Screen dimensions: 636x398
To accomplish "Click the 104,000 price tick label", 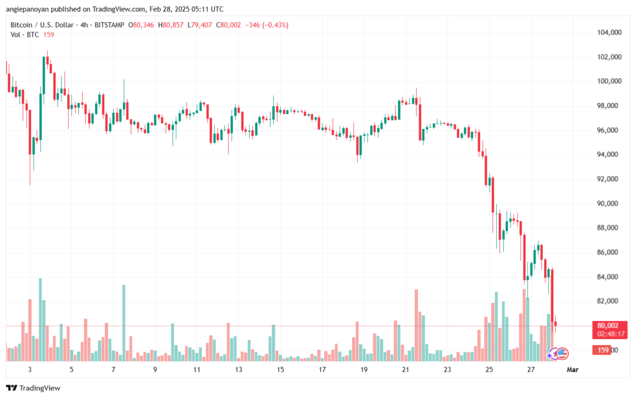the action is [x=609, y=32].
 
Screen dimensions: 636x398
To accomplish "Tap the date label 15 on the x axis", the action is [x=280, y=369].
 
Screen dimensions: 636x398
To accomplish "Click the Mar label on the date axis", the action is [x=572, y=369].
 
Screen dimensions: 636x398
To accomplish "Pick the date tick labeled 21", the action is [x=405, y=369].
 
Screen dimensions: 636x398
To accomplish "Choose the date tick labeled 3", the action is [x=30, y=369].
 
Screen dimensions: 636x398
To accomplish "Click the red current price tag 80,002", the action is [x=607, y=325].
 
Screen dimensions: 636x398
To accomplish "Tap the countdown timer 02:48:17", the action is [x=611, y=334].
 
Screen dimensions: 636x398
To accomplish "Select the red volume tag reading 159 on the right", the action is [x=602, y=350].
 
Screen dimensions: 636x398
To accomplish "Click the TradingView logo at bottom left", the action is [x=34, y=388].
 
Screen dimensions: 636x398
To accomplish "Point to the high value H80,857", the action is [x=170, y=25].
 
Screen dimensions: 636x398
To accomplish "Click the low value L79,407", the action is [x=199, y=25].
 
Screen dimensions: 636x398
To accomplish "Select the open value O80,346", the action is [x=141, y=25].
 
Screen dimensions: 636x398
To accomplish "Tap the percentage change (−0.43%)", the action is [x=275, y=25].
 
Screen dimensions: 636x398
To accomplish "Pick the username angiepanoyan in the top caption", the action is [x=27, y=9].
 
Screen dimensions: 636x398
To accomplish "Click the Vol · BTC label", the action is [x=25, y=35].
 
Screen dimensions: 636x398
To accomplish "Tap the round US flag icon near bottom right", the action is [x=562, y=354].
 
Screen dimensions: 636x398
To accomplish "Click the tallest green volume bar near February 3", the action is [x=40, y=320].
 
